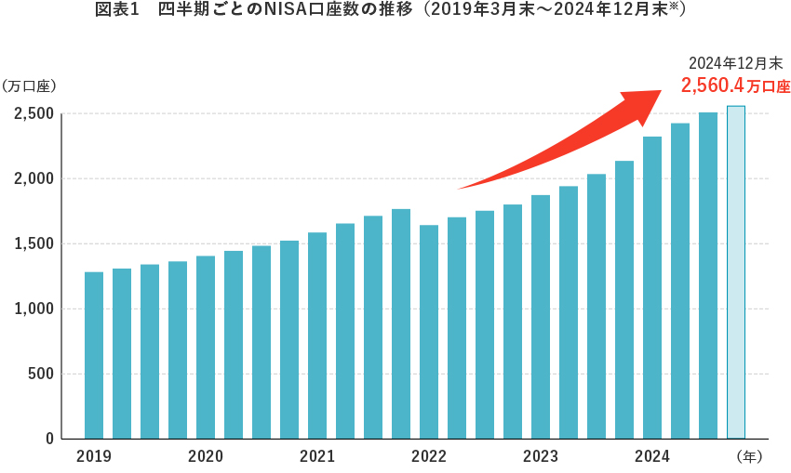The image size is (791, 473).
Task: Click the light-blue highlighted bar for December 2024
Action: [x=735, y=272]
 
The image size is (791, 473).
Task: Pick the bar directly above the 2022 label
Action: [x=429, y=332]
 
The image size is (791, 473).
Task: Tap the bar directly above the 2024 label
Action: [x=652, y=288]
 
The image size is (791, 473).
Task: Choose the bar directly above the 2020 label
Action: [x=206, y=348]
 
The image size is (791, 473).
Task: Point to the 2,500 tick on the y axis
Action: [x=33, y=113]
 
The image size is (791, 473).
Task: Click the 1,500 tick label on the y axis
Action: [x=33, y=243]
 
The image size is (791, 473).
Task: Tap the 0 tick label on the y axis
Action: [x=49, y=439]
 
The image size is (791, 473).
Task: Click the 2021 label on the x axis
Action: [x=317, y=456]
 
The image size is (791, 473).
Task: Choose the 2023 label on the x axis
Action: [x=541, y=456]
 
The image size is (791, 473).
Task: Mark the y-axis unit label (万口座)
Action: [x=30, y=86]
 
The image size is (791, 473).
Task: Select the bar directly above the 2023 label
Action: [x=541, y=317]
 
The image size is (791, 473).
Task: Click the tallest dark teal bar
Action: [x=708, y=275]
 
